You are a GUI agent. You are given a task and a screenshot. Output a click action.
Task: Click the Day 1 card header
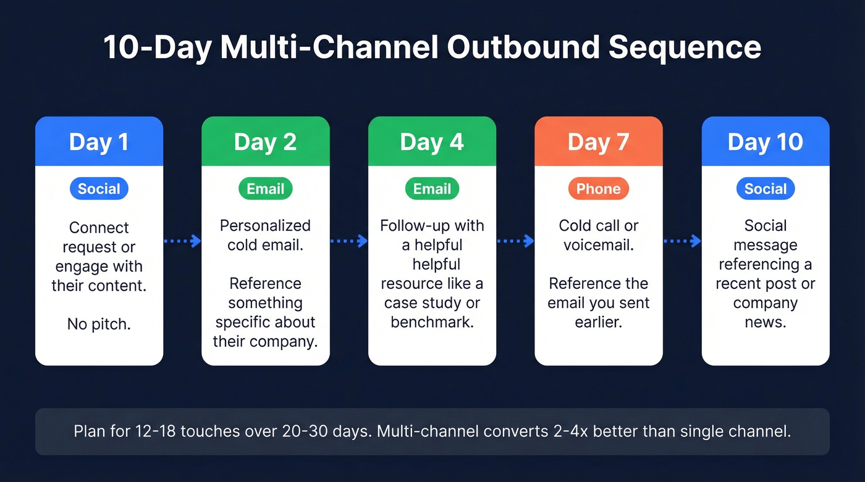point(99,142)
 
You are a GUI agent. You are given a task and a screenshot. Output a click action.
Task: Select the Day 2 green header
point(265,142)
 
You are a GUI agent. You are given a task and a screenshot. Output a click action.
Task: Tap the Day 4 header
point(432,142)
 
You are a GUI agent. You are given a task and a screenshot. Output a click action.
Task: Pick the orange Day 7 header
point(598,142)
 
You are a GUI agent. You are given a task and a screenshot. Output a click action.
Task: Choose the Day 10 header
point(765,142)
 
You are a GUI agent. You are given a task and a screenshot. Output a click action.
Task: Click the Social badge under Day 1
point(99,189)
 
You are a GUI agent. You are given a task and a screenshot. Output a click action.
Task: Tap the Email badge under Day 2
point(265,189)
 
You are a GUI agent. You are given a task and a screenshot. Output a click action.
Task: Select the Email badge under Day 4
point(432,189)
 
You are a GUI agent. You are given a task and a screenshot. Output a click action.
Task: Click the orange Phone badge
point(598,189)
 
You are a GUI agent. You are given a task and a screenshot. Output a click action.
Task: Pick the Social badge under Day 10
point(765,189)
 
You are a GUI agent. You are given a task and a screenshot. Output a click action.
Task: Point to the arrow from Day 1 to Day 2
point(183,241)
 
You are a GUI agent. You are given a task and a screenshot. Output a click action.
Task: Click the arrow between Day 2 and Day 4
point(349,241)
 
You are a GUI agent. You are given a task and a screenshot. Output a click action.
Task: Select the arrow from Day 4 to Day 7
point(515,241)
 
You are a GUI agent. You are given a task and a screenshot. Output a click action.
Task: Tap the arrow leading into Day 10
point(682,241)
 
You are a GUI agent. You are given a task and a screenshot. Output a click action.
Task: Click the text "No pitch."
point(99,324)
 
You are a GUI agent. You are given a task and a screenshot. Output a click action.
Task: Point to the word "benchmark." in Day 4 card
point(432,322)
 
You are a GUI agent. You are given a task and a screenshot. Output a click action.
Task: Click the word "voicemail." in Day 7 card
point(598,245)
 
